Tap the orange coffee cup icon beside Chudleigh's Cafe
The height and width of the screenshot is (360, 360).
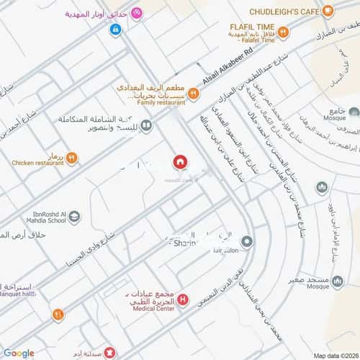(328, 11)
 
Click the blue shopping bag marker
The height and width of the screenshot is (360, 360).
(115, 30)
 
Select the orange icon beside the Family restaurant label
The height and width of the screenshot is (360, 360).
(192, 92)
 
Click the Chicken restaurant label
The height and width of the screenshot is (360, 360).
(38, 163)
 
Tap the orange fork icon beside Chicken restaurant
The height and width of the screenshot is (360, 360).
(71, 158)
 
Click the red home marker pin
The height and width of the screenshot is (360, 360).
(179, 162)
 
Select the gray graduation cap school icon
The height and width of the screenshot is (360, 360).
(76, 216)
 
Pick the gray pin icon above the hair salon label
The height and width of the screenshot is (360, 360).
(247, 241)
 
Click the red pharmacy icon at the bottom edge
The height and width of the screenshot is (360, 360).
(109, 353)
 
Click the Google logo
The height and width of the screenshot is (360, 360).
(18, 353)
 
